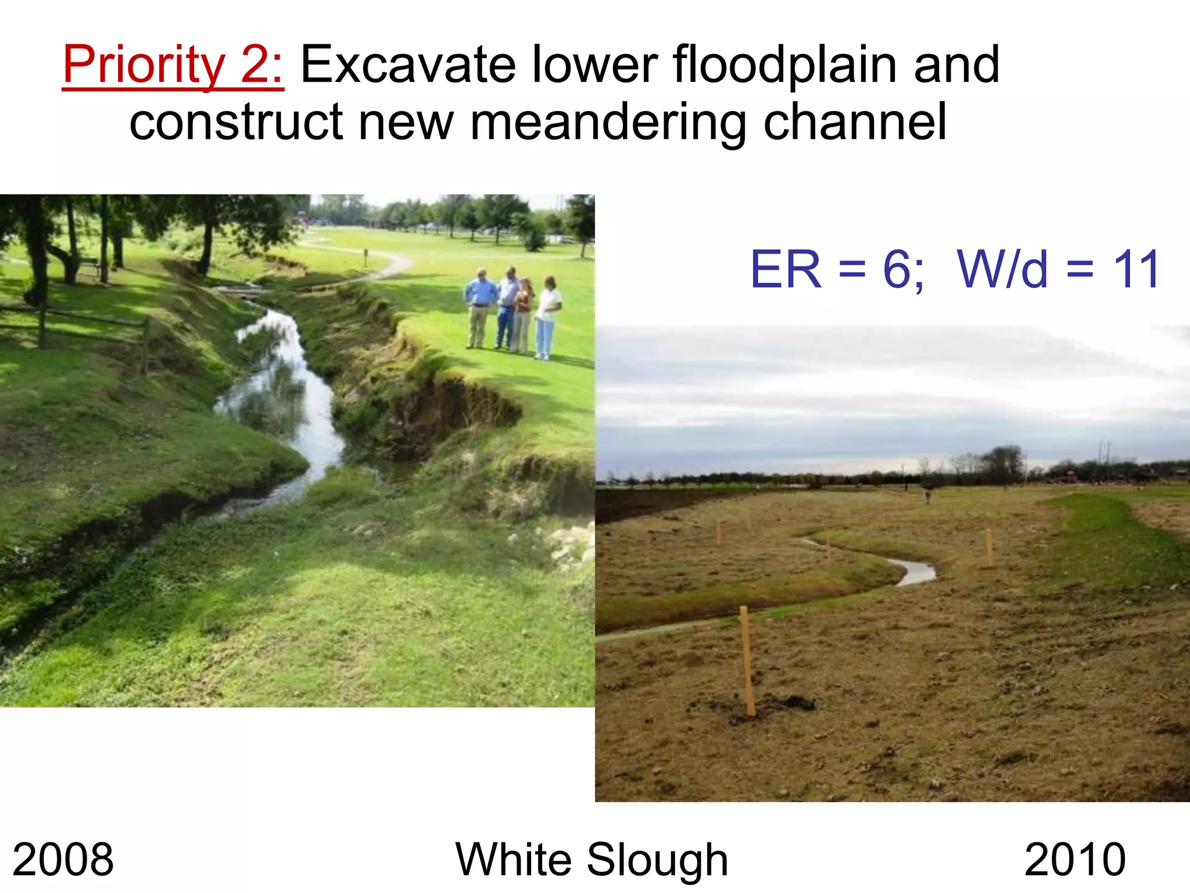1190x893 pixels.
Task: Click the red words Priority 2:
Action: click(x=173, y=65)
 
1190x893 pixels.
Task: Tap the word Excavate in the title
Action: click(x=408, y=65)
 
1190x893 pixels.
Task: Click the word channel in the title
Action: click(x=855, y=123)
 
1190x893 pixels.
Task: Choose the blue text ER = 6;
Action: click(x=836, y=269)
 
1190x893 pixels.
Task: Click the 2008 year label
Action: click(x=63, y=859)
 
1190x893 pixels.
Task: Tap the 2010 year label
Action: click(x=1075, y=859)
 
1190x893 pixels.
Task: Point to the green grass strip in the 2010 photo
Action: click(x=1104, y=541)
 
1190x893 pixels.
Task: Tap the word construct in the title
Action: click(x=236, y=123)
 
